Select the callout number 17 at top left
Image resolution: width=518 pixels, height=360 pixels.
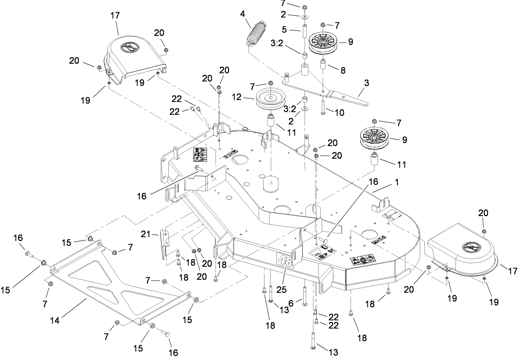115,15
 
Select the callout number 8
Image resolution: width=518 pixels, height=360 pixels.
343,71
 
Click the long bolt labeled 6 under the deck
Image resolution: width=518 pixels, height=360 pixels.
304,292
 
